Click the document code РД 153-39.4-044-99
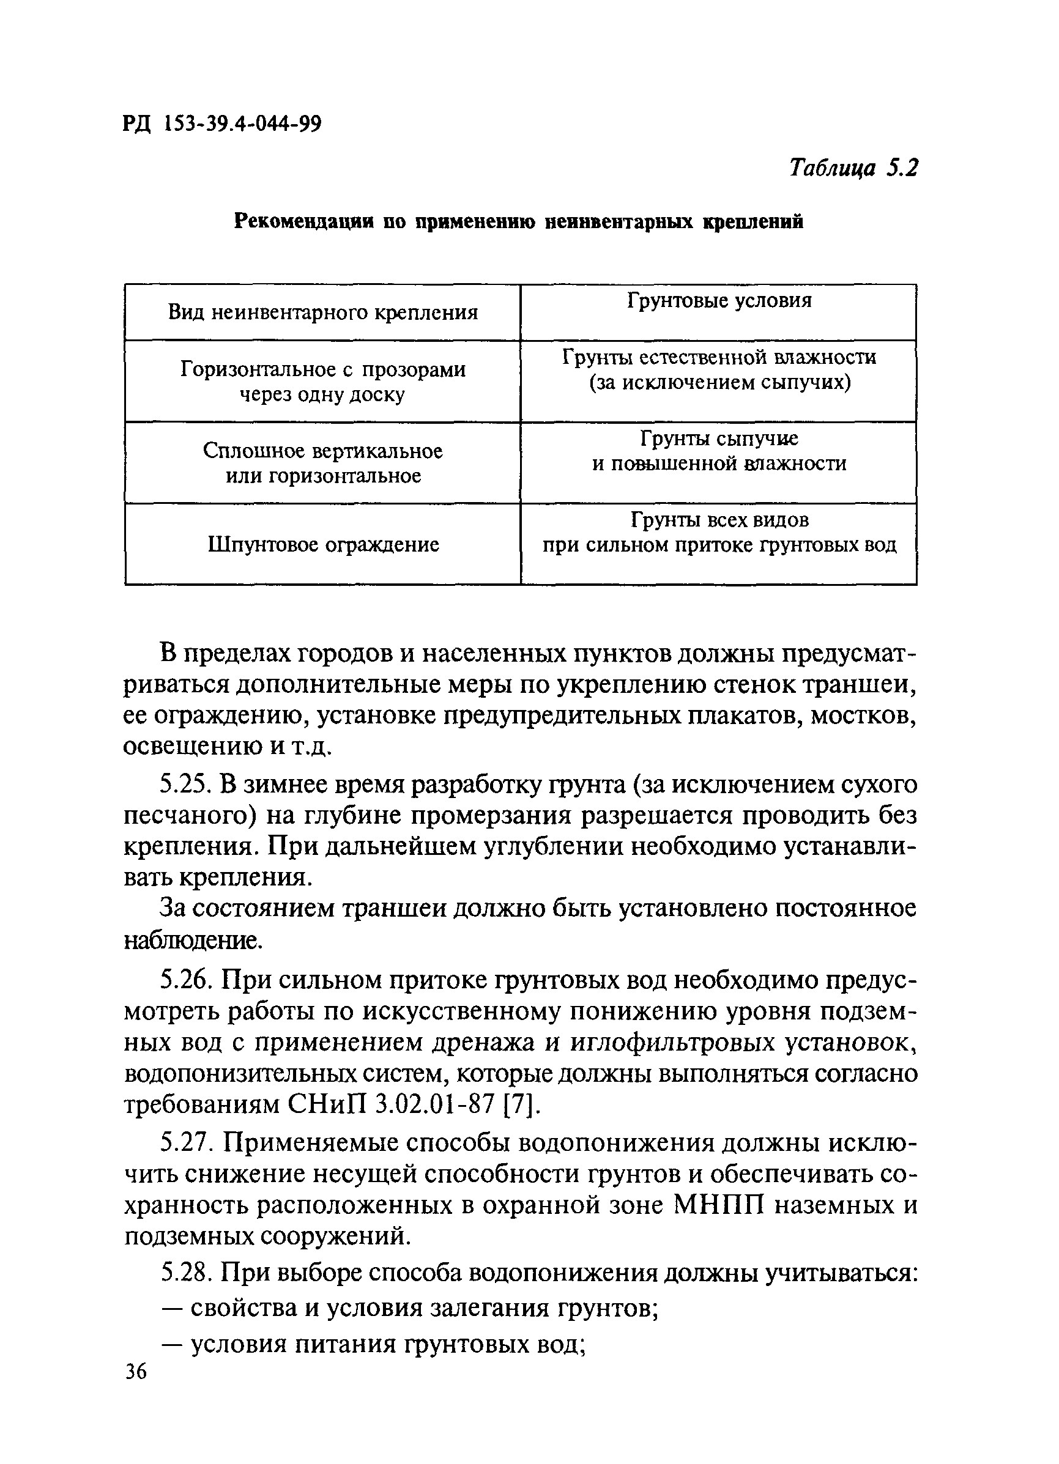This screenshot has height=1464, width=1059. tap(221, 122)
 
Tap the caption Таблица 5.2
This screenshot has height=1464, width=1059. tap(852, 169)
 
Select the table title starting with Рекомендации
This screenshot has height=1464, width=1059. tap(519, 222)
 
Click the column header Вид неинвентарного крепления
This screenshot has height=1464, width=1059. tap(323, 313)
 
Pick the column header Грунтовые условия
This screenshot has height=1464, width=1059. tap(719, 301)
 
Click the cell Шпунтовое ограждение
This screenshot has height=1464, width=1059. tap(324, 545)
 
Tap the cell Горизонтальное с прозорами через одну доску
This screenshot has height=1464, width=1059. tap(323, 382)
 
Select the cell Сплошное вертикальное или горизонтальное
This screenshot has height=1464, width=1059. tap(323, 463)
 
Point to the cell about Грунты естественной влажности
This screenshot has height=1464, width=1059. tap(719, 370)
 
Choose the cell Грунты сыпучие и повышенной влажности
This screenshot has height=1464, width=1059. tap(719, 451)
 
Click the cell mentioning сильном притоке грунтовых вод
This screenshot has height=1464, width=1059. tap(719, 533)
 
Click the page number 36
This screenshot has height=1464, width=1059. tap(136, 1388)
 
